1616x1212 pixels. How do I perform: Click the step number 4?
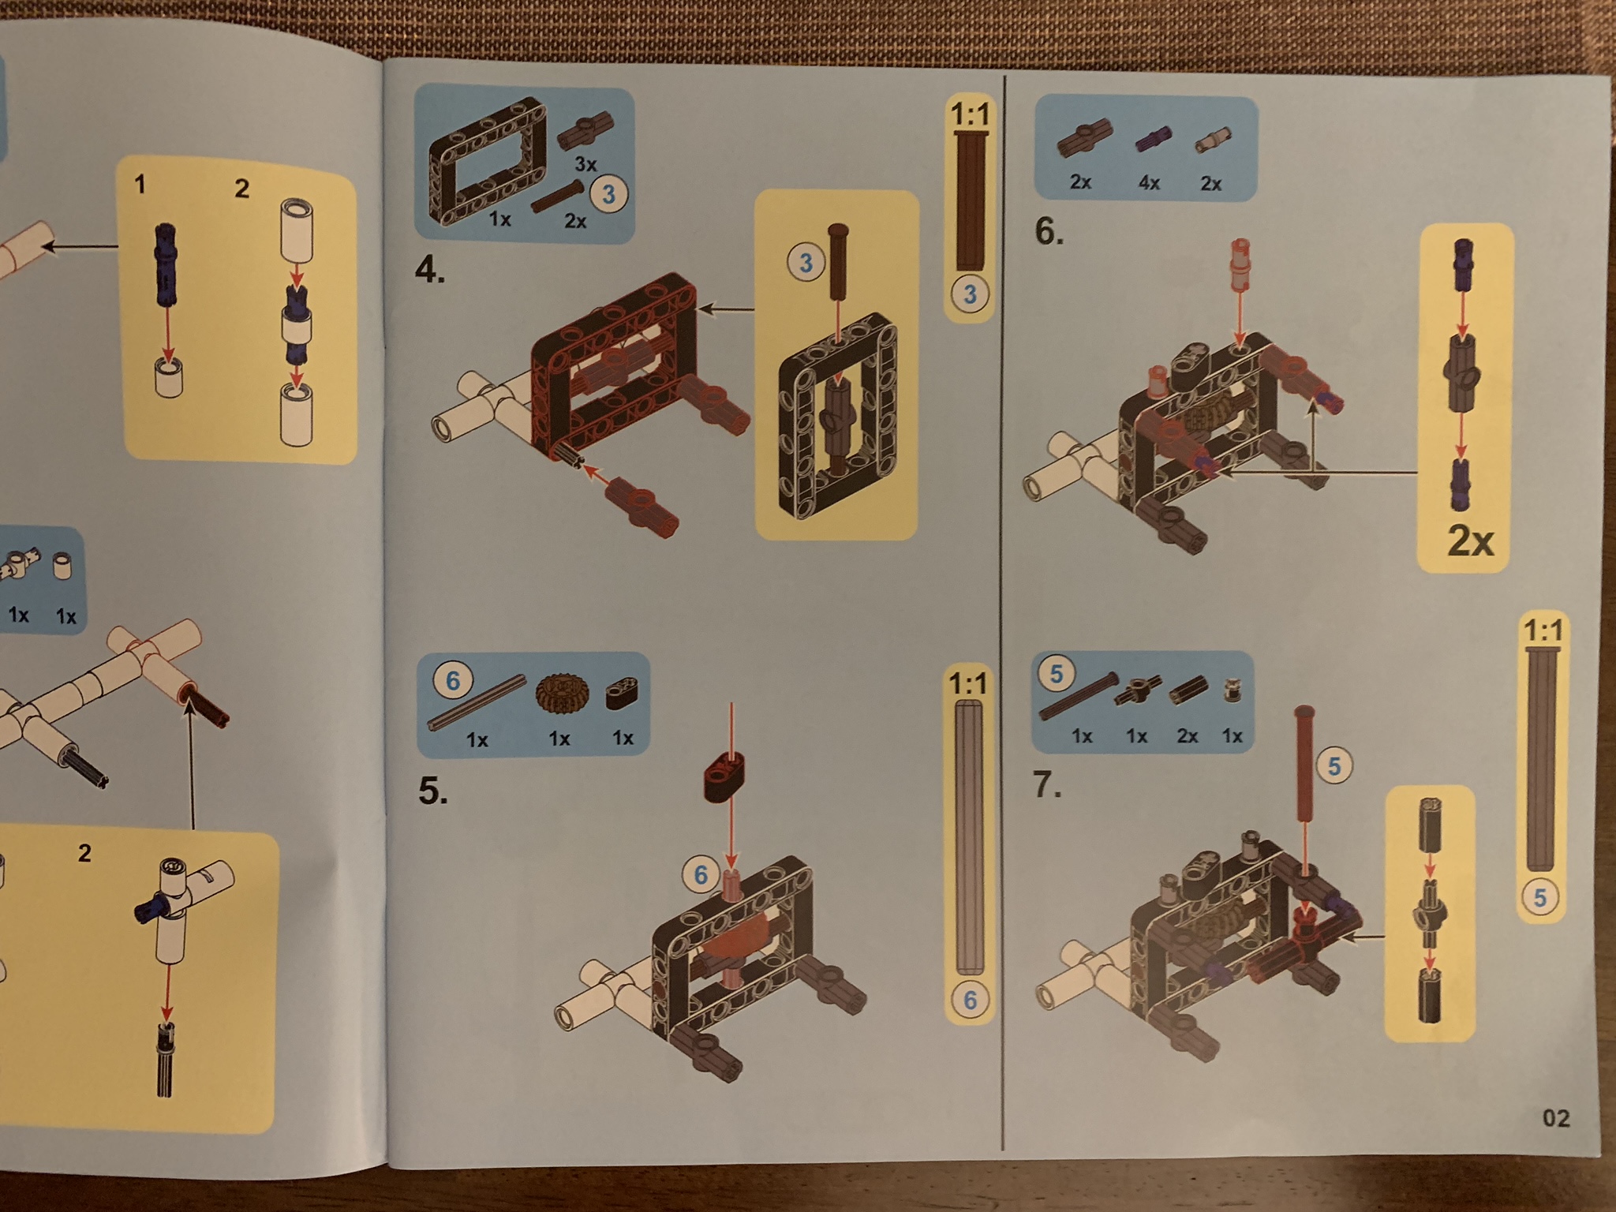[429, 271]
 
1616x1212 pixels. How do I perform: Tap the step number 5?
[432, 791]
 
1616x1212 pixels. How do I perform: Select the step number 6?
[1049, 232]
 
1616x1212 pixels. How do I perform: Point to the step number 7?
[1047, 785]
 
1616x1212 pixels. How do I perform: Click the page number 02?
[1556, 1118]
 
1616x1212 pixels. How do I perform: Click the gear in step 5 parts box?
[557, 694]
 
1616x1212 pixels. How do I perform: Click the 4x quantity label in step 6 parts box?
[1149, 183]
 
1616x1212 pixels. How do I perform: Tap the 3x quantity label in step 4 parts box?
[585, 165]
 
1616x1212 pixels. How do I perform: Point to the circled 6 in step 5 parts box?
[453, 680]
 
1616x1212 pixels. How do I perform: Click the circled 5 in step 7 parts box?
[1057, 673]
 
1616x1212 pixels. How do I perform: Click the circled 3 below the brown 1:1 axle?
[970, 294]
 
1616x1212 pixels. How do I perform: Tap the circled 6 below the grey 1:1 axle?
[970, 1000]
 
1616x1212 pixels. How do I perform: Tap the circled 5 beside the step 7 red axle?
[1334, 765]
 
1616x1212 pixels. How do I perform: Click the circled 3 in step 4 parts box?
[608, 194]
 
